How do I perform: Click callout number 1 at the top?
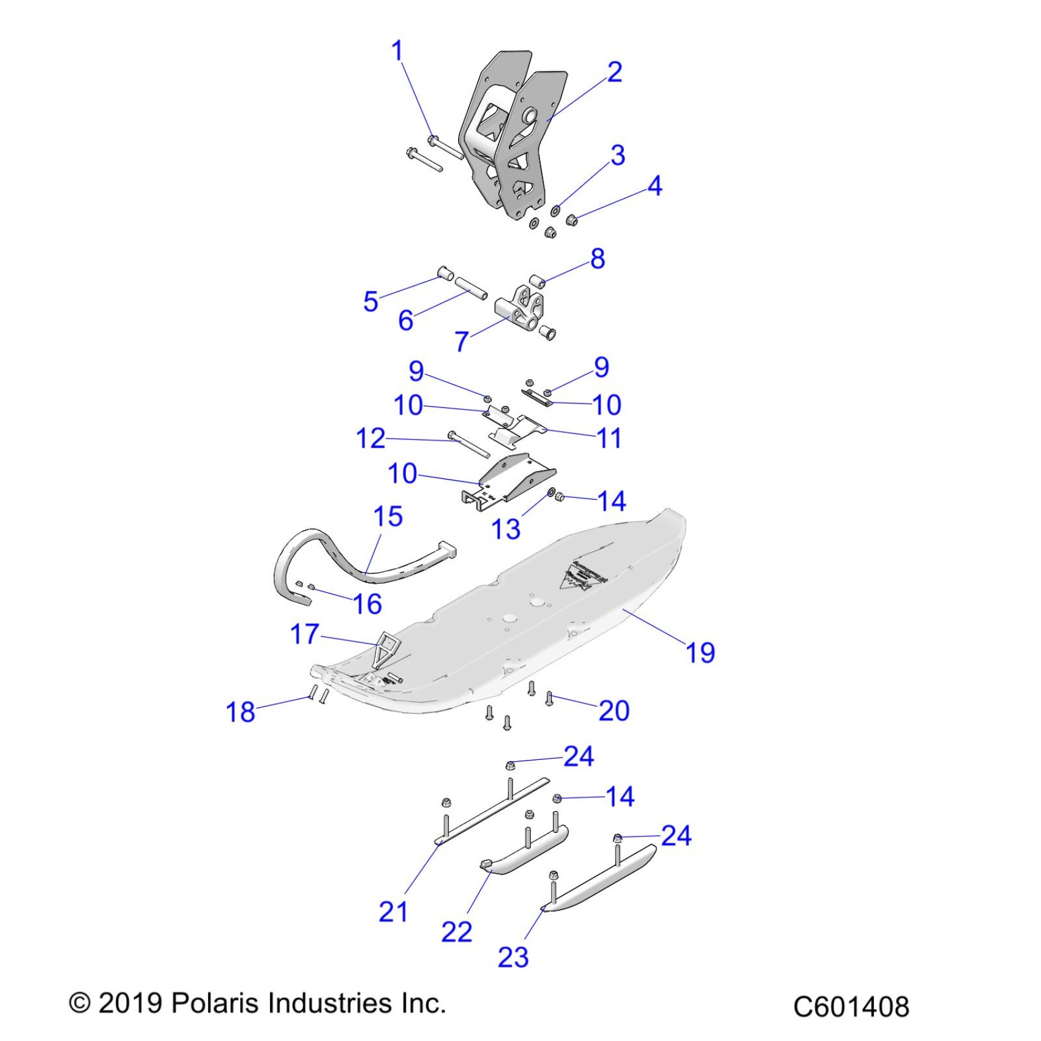[x=398, y=51]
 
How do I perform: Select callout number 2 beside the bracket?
[x=614, y=72]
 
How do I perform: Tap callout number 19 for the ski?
[x=701, y=653]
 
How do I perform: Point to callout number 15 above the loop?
[x=388, y=517]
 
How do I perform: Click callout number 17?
[x=304, y=634]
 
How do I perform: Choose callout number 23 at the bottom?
[x=513, y=957]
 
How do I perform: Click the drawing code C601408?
[x=851, y=1007]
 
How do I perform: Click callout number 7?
[x=462, y=341]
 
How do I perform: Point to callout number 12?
[x=370, y=438]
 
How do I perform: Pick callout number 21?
[x=393, y=912]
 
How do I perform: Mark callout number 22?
[x=456, y=932]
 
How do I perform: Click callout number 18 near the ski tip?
[x=240, y=712]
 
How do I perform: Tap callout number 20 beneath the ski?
[x=614, y=711]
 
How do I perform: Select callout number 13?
[x=506, y=529]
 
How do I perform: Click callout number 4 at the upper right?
[x=655, y=186]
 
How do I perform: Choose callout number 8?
[x=598, y=259]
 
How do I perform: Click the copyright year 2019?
[x=130, y=1003]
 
